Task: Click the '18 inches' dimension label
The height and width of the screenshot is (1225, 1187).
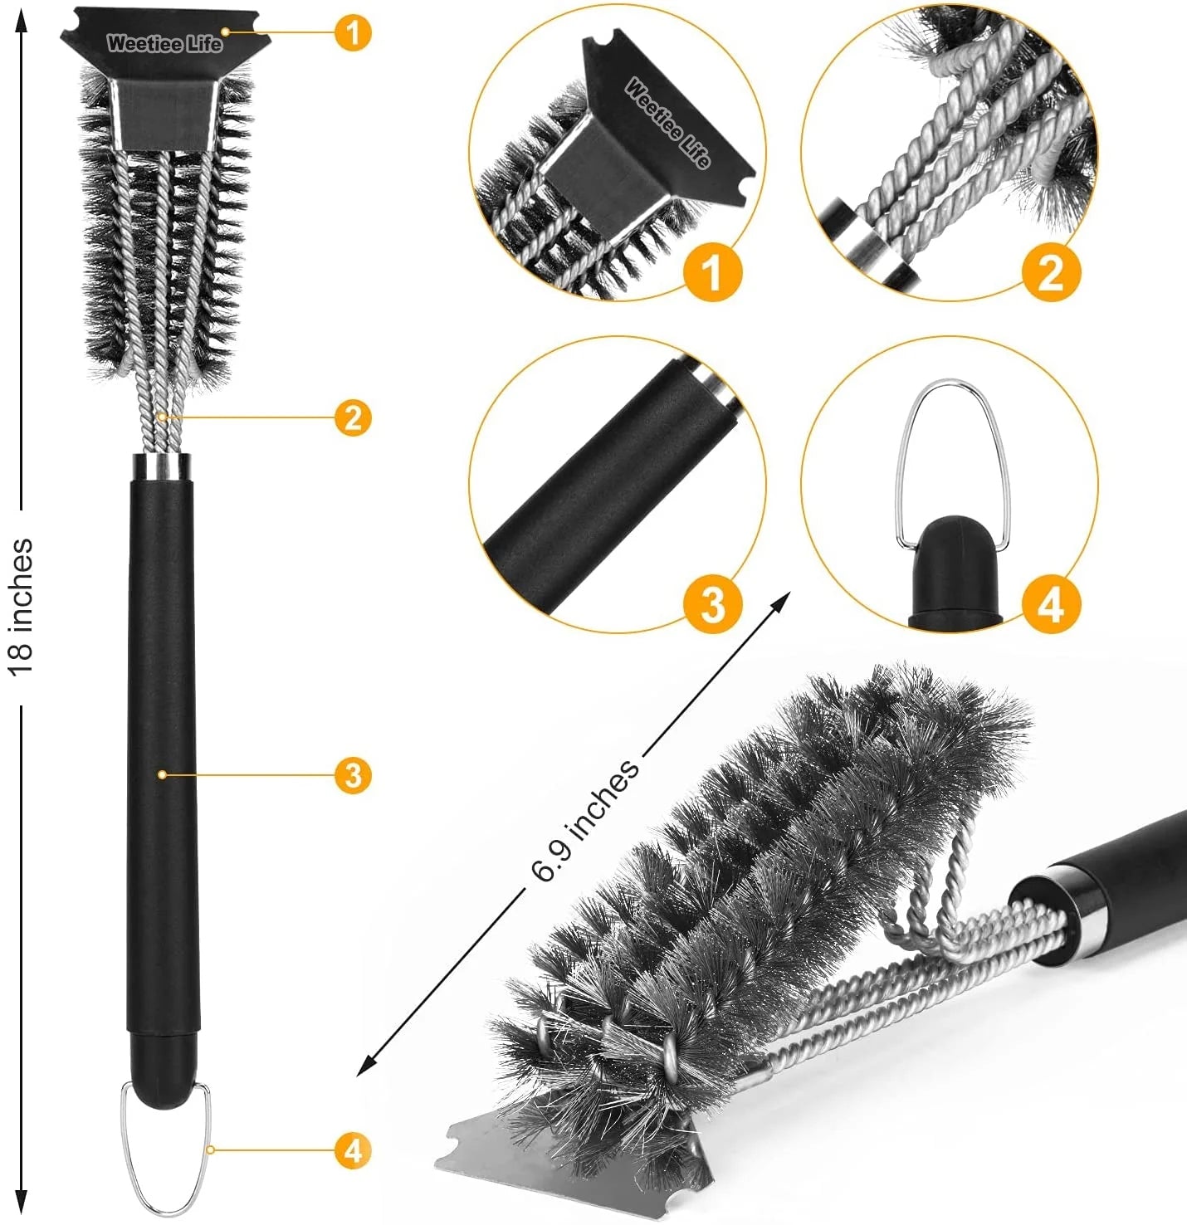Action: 22,607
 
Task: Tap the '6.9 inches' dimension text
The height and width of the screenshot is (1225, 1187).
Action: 585,819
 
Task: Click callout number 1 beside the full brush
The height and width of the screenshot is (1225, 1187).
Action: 353,33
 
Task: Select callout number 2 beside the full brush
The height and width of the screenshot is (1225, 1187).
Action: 353,417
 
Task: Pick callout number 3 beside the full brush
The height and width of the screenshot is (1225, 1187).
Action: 353,775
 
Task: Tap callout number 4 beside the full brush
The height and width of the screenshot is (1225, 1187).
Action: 353,1151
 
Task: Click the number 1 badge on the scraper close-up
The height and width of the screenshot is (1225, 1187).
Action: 711,271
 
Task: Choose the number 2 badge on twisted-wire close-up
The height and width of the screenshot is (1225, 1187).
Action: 1051,271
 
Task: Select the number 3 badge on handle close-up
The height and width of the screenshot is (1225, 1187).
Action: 712,604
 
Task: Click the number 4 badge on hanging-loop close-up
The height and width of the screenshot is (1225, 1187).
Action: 1051,604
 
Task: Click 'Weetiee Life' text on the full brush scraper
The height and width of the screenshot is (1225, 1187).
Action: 164,44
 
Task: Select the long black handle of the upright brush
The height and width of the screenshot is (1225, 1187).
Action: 162,747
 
